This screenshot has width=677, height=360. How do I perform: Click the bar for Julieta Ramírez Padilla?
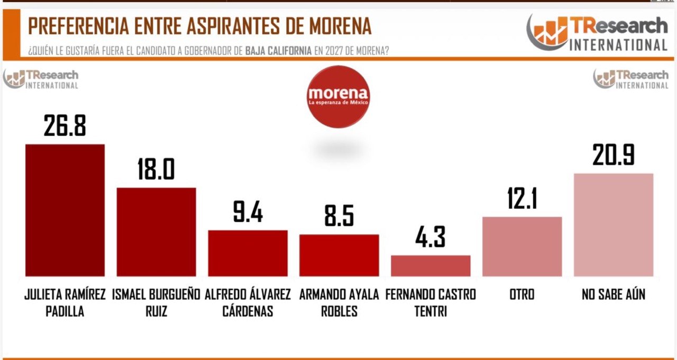coord(65,210)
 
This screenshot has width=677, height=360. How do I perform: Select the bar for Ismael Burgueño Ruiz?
coord(156,232)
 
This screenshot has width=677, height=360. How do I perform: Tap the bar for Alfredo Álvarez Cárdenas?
coord(248,253)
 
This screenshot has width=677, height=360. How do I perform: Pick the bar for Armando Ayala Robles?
coord(339,255)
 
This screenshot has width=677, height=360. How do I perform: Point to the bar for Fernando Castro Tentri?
coord(431,265)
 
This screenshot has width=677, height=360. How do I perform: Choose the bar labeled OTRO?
coord(522,246)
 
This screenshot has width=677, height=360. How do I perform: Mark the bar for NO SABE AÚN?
coord(614,225)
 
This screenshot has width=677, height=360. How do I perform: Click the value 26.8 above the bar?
coord(65,126)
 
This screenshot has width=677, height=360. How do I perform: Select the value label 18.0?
coord(156,169)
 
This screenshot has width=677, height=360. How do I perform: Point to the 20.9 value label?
coord(614,155)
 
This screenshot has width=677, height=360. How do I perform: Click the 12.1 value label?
coord(522,199)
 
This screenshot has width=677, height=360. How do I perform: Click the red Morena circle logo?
coord(338,96)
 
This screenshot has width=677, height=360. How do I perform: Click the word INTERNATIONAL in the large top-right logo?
coord(618,44)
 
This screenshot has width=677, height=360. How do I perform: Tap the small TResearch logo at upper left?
coord(41,79)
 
